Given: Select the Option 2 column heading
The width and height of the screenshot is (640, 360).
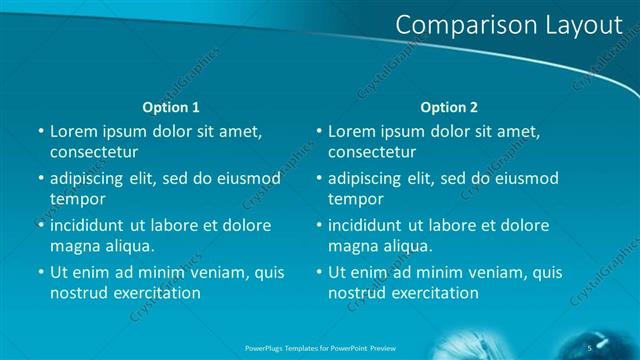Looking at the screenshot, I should coord(449,107).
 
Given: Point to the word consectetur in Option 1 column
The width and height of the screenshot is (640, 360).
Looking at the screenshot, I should coord(94,152).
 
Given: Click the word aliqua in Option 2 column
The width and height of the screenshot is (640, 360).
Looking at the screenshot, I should coord(408,246).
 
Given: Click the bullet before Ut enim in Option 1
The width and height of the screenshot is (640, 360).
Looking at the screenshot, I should coord(40,272).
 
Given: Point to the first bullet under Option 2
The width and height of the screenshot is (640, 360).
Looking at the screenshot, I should coord(318,131).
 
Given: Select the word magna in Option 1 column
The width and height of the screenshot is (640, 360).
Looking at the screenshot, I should coord(74,246).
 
